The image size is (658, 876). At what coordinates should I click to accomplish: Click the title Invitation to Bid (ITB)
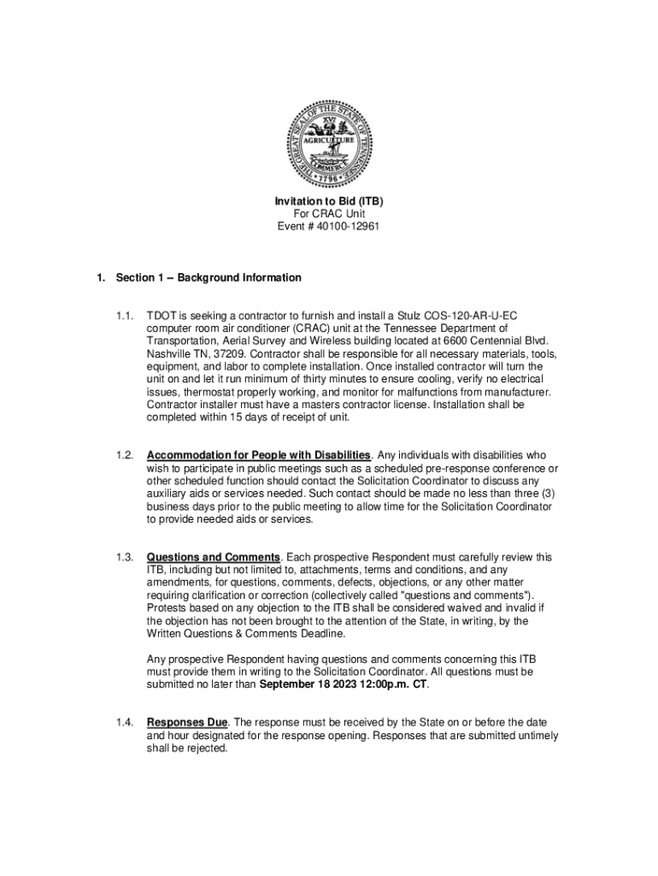tap(328, 201)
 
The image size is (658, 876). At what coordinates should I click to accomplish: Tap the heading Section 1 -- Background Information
tap(209, 278)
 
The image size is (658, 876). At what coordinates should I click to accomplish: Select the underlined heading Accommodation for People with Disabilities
tap(259, 455)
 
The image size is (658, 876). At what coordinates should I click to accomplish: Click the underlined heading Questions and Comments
tap(214, 558)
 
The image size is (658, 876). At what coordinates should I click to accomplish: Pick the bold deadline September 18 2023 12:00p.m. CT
tap(344, 684)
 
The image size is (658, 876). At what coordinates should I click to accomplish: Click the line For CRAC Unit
tap(328, 214)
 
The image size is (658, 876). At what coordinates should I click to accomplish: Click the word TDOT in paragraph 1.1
tap(162, 316)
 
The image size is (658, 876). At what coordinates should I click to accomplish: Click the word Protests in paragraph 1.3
tap(167, 608)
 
